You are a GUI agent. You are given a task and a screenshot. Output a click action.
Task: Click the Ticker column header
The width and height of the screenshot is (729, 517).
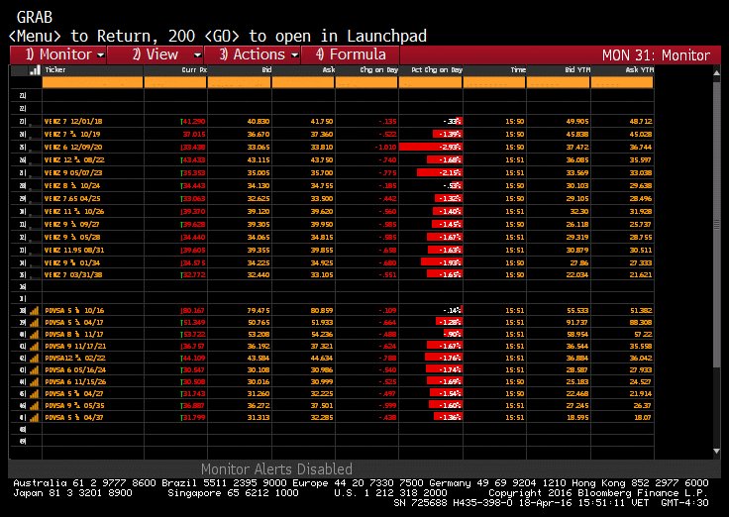(56, 70)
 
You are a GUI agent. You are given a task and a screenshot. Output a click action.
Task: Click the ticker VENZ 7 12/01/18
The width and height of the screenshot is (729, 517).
(74, 121)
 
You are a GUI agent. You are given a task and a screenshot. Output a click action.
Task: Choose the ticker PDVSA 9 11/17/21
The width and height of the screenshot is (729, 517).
(77, 346)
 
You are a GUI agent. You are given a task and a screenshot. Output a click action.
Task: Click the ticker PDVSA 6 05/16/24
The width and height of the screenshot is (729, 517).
(77, 368)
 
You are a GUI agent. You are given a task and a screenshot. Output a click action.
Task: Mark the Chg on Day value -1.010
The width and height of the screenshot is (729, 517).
(383, 146)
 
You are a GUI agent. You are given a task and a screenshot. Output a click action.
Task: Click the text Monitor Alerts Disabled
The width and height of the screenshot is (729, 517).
(276, 468)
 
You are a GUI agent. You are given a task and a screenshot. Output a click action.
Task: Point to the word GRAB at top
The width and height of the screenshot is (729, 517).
(36, 17)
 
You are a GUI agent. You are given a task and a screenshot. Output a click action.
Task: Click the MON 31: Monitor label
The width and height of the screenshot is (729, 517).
(656, 54)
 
